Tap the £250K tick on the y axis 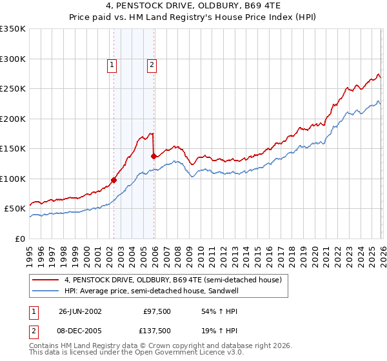[x=13, y=89]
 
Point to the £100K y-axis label [x=13, y=179]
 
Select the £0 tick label [x=19, y=239]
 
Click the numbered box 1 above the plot [x=112, y=64]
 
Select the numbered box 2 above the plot [x=152, y=64]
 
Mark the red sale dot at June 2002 [x=114, y=180]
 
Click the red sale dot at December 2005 [x=154, y=156]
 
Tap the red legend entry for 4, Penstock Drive [x=173, y=280]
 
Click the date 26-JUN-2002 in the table [x=80, y=311]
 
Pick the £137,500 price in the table [x=155, y=330]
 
